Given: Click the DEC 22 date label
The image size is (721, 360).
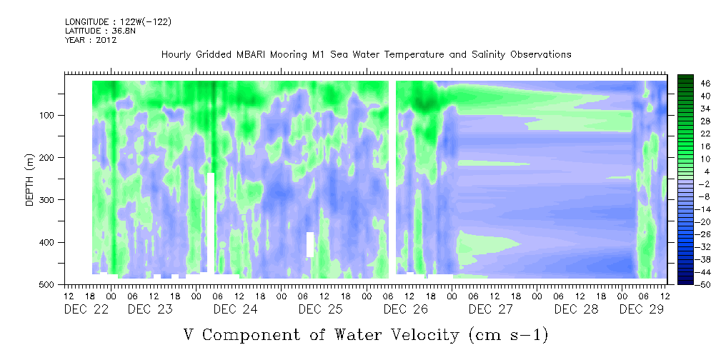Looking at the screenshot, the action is (86, 309).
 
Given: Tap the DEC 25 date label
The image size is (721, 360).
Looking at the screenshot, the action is (321, 309).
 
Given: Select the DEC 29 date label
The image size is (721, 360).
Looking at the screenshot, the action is (642, 309).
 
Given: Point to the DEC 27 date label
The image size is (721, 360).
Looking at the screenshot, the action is (491, 309).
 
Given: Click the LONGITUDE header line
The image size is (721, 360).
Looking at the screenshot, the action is (118, 21).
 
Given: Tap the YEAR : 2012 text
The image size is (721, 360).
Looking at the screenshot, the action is (91, 40).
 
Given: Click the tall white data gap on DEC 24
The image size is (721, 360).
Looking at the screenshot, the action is (211, 223).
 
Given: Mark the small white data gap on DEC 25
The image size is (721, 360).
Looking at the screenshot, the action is (310, 244).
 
